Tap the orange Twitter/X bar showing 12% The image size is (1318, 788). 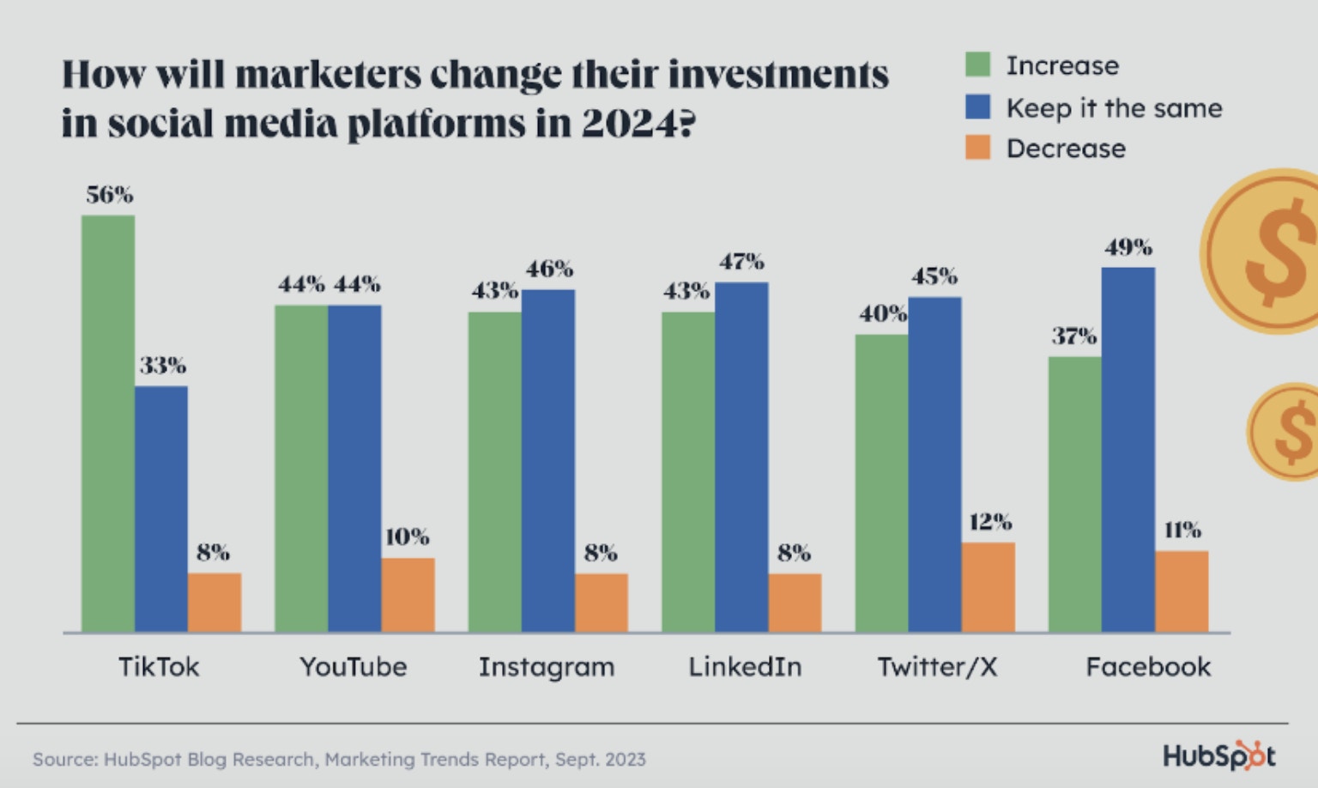988,587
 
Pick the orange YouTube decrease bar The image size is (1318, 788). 408,595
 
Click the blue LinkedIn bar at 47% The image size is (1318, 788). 741,457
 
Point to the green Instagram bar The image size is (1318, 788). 494,471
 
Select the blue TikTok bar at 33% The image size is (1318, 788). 161,509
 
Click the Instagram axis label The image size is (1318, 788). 547,667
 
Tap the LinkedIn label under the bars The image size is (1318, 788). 745,667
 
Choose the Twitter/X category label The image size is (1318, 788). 937,667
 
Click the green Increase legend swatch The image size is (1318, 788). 977,64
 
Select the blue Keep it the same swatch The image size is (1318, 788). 977,107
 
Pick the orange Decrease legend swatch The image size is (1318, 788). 977,148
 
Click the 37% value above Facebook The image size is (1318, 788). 1074,336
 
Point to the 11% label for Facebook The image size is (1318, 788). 1182,530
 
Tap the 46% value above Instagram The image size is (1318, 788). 549,270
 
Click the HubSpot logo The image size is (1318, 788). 1218,755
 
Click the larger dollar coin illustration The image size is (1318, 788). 1270,251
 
